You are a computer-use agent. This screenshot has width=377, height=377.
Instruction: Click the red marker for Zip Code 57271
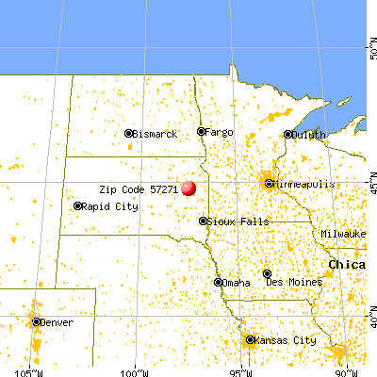(x=188, y=188)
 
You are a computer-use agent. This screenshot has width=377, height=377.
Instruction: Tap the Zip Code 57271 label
(x=139, y=188)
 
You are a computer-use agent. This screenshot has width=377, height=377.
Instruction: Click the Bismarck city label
(x=156, y=134)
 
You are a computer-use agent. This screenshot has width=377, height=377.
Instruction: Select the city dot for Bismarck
(x=129, y=134)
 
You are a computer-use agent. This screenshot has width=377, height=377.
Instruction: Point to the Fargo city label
(x=219, y=131)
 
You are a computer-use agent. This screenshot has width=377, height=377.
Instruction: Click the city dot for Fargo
(x=200, y=131)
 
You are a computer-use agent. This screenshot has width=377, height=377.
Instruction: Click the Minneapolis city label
(x=304, y=184)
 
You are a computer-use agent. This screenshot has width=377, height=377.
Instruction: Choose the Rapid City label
(x=104, y=205)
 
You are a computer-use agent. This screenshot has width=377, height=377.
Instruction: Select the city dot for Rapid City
(x=77, y=205)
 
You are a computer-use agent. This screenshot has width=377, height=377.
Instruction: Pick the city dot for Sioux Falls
(x=203, y=221)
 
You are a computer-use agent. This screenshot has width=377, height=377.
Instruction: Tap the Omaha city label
(x=239, y=282)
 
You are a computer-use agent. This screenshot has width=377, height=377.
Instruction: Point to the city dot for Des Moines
(x=268, y=273)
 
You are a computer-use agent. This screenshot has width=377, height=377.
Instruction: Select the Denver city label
(x=59, y=321)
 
